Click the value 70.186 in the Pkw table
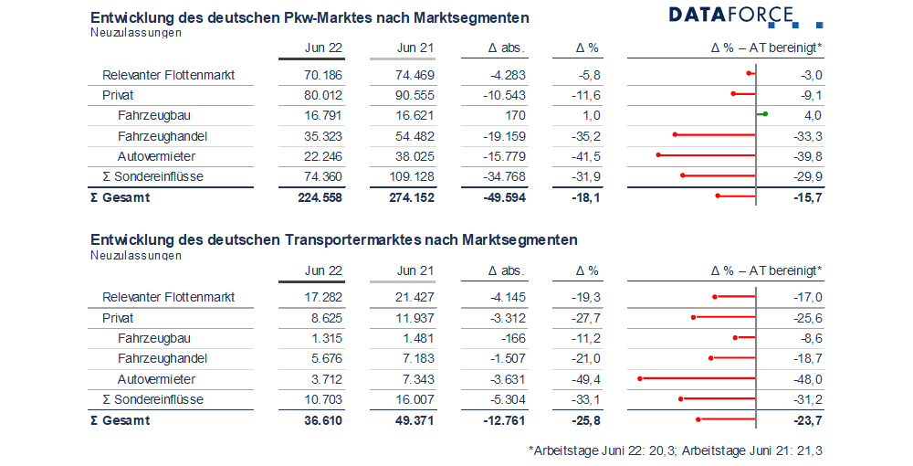point(323,75)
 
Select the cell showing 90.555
point(415,96)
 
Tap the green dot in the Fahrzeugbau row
point(765,114)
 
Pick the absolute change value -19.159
point(504,136)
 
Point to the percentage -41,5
point(586,156)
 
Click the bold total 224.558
point(320,197)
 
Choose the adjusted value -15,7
point(808,197)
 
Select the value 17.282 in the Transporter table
point(323,297)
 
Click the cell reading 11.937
point(415,318)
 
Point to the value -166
point(513,338)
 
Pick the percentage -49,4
point(586,380)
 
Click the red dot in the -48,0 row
point(640,378)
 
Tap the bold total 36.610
point(323,420)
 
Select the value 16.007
point(415,399)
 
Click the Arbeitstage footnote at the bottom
point(676,450)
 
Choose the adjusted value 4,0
point(813,116)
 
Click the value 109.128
point(413,177)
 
